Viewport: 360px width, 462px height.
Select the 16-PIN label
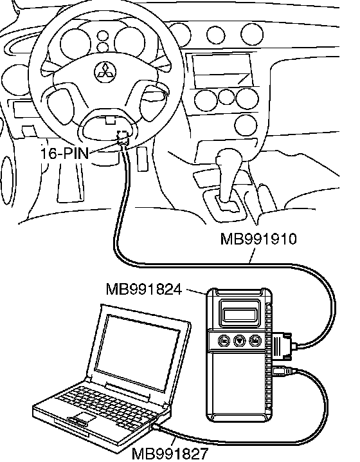64,154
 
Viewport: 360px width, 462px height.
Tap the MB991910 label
258,239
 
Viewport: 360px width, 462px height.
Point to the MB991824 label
143,290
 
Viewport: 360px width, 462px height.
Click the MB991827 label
170,454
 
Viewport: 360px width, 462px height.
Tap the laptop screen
138,353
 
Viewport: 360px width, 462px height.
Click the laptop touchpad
85,417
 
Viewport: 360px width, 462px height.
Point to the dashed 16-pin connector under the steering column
123,138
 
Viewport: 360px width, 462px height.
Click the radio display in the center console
222,70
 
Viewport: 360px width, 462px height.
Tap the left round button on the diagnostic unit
224,341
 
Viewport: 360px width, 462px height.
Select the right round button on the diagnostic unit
255,341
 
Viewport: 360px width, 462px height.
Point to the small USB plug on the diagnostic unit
283,371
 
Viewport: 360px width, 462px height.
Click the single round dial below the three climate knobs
246,125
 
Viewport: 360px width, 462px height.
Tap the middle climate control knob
226,98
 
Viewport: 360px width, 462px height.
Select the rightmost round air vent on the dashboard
252,33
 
